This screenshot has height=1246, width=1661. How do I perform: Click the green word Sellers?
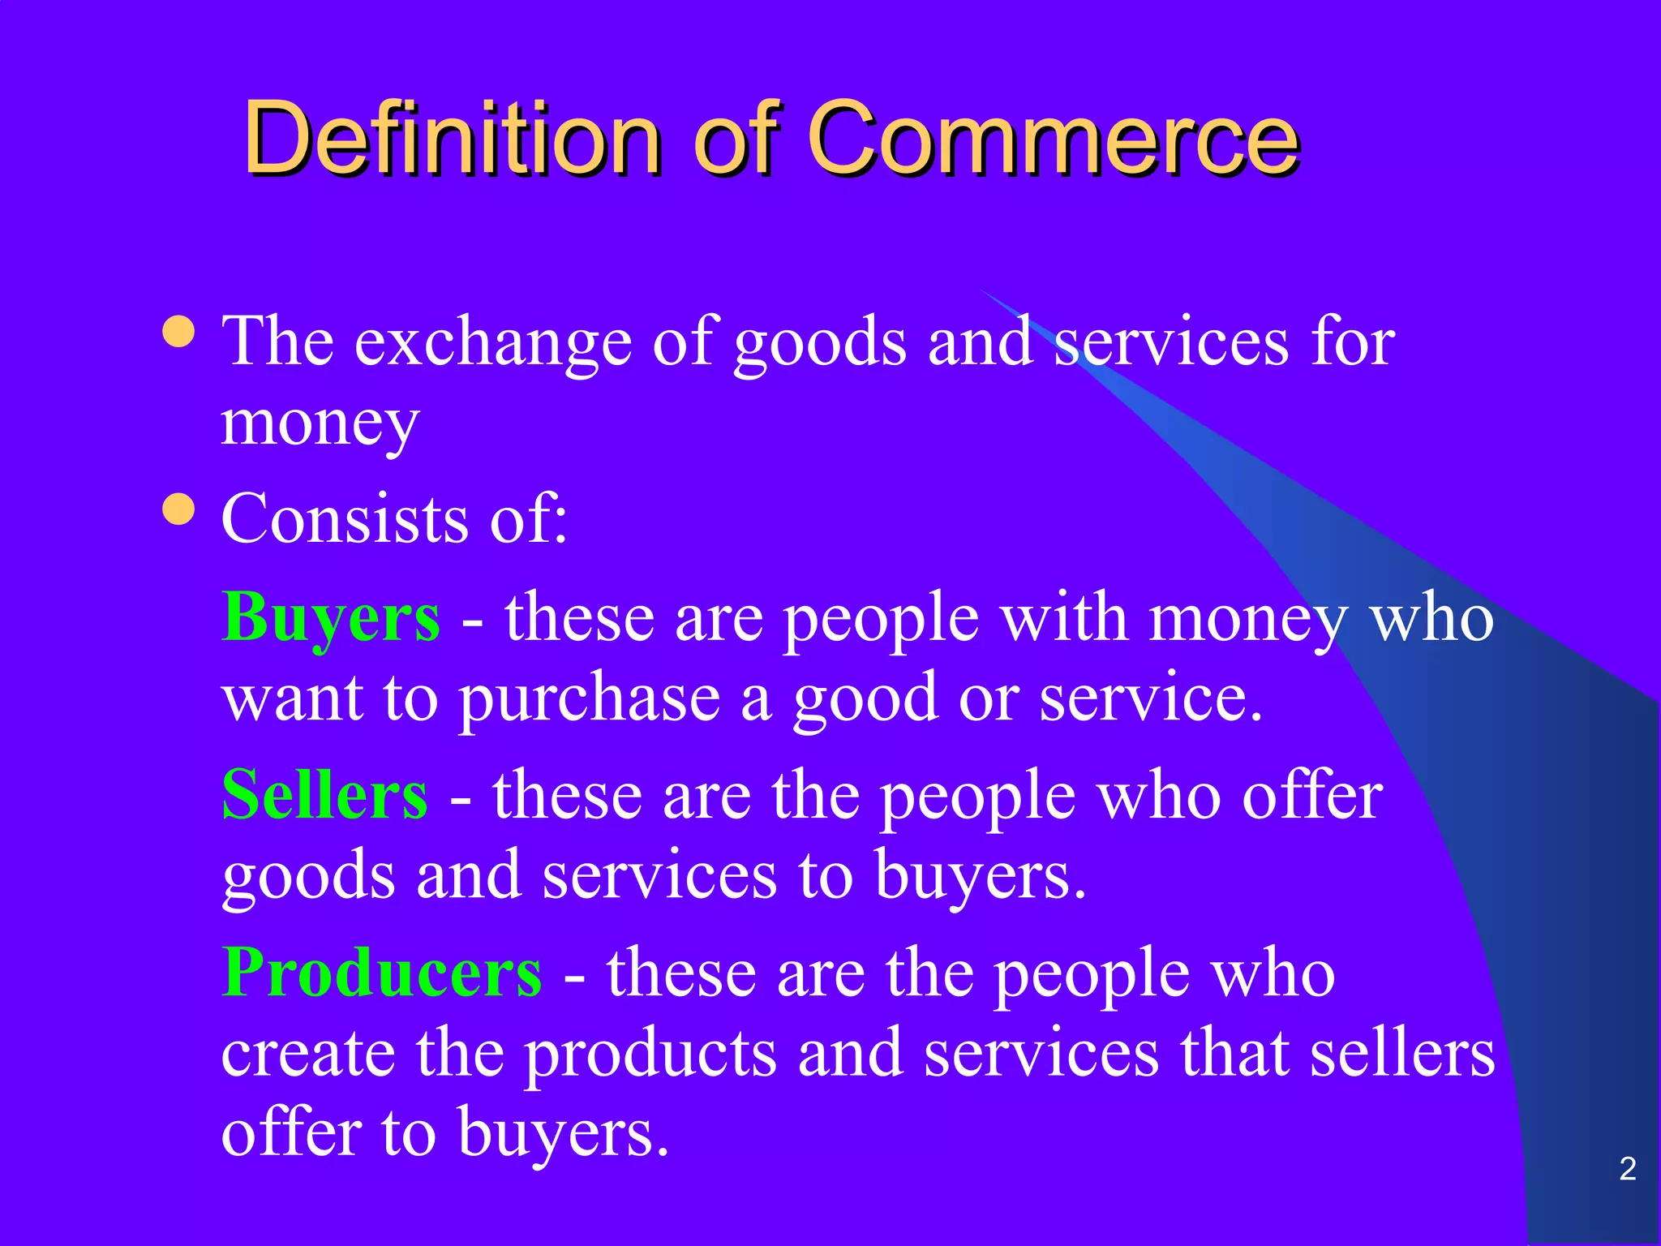coord(324,795)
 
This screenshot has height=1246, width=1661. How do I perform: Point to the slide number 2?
coord(1627,1169)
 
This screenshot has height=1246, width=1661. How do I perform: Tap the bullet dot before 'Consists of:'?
coord(178,509)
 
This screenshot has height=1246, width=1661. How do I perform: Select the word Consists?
coord(345,519)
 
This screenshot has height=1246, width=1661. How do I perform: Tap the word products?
coord(650,1055)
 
